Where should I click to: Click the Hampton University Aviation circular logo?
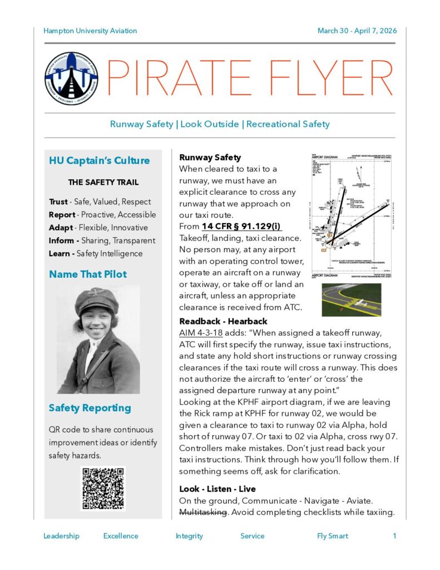(71, 78)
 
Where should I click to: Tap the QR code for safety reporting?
(103, 488)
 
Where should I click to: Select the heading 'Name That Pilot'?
(88, 274)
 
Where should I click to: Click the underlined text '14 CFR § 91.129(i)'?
(242, 227)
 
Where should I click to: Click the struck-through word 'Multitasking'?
(203, 512)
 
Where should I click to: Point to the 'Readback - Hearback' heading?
(223, 321)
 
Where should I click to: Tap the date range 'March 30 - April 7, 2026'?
(357, 31)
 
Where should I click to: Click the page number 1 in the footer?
(394, 536)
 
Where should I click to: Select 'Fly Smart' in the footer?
(333, 536)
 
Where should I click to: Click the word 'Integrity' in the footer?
(189, 536)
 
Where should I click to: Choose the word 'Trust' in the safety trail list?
(58, 202)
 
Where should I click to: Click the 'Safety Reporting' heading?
(90, 408)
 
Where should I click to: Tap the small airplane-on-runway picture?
(352, 300)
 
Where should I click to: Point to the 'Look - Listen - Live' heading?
(217, 489)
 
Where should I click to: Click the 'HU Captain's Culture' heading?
(100, 161)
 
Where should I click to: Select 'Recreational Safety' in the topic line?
(288, 124)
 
